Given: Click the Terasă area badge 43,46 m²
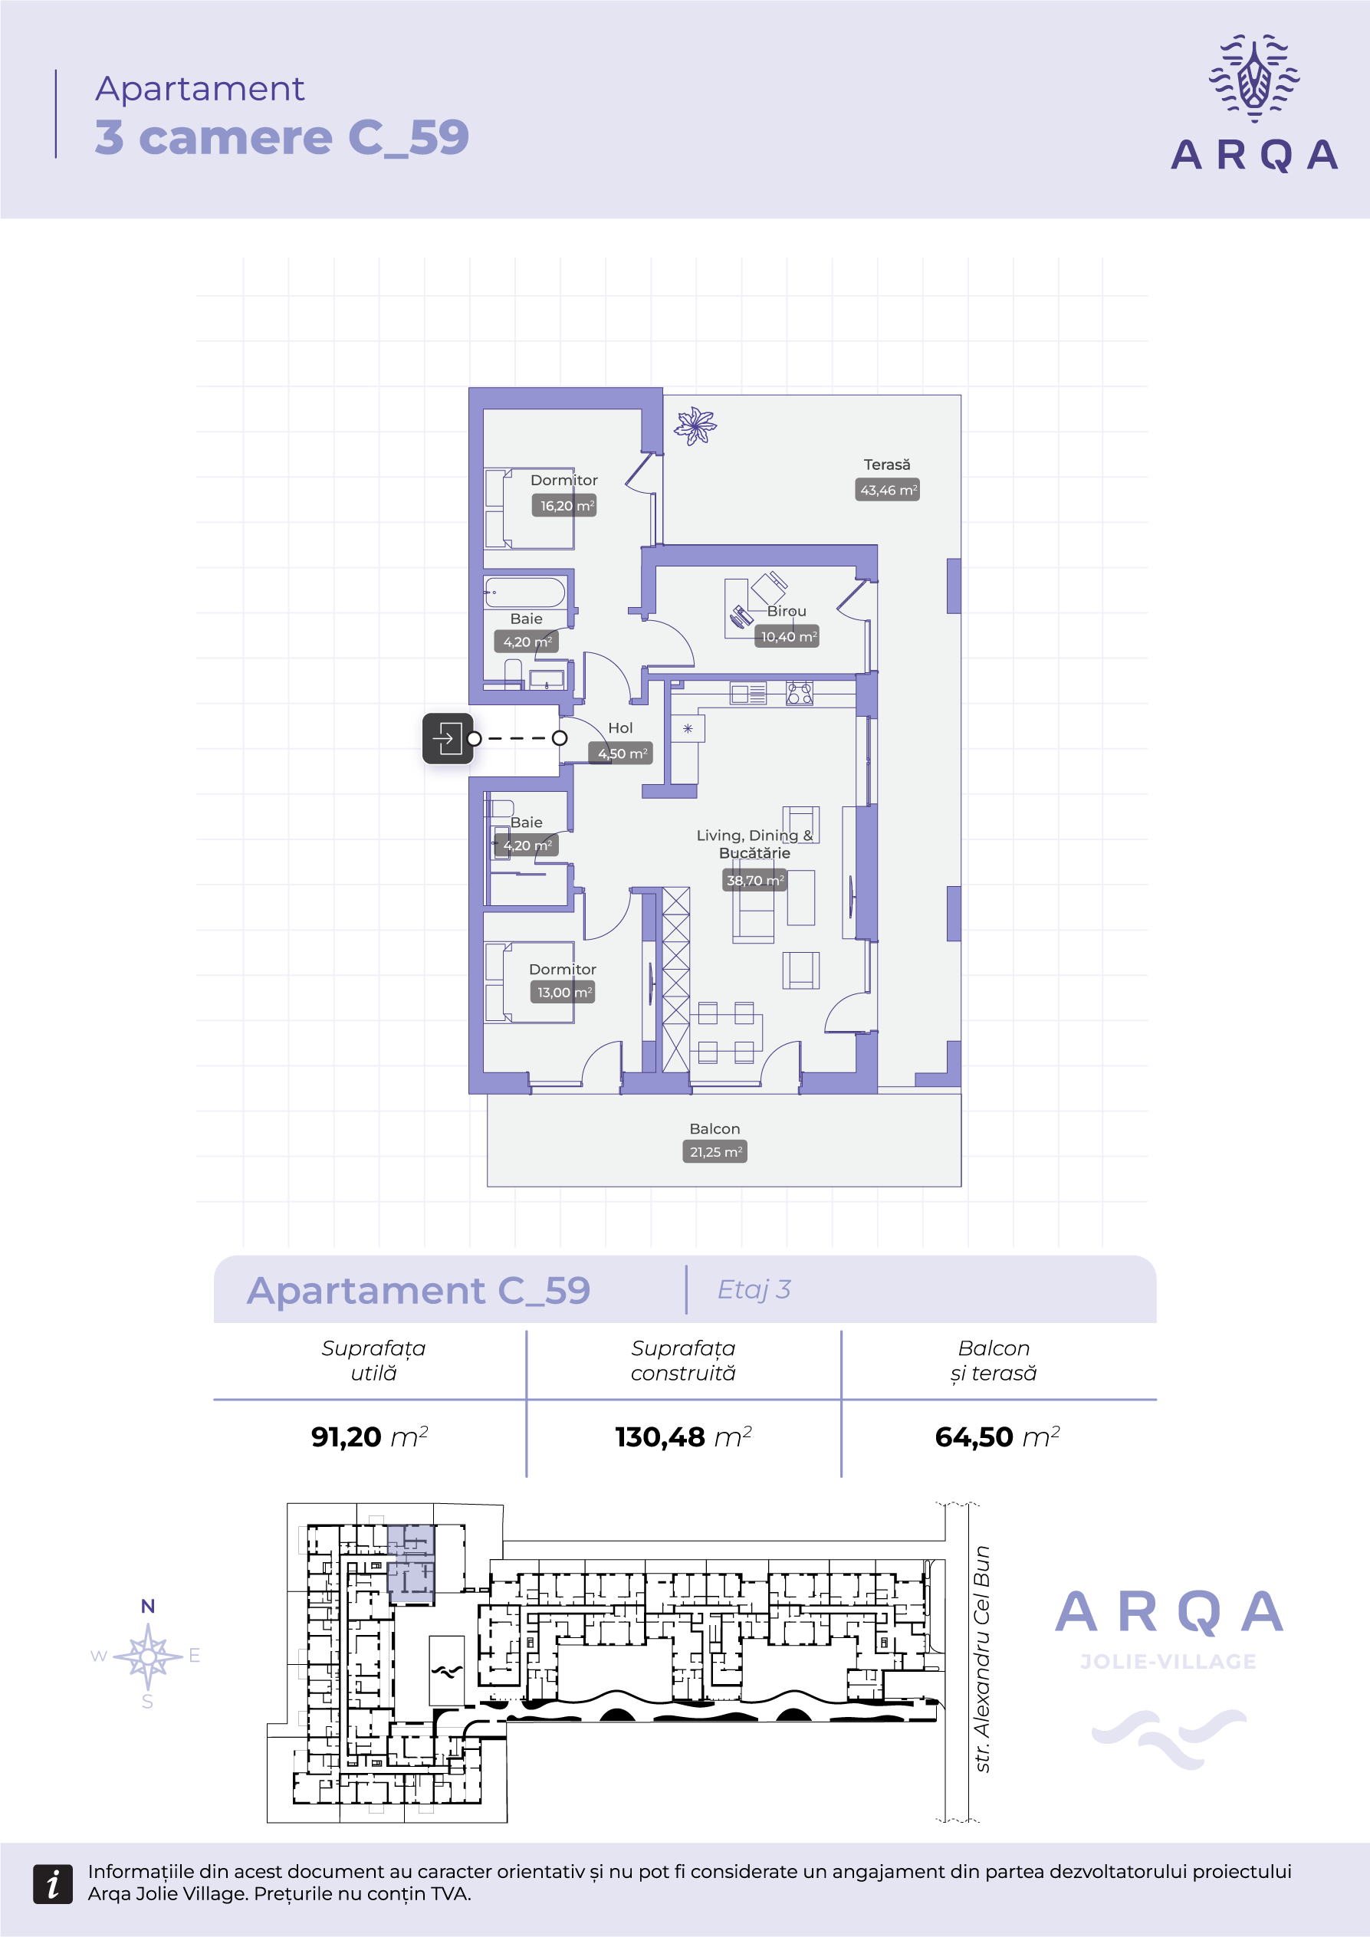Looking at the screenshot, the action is [888, 490].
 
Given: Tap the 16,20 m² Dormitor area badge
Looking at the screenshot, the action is [564, 505].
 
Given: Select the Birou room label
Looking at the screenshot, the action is [787, 611].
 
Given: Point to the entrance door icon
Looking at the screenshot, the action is [448, 738].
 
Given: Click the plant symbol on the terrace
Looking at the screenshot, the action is [695, 425].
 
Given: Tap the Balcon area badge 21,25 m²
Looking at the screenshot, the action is [715, 1151].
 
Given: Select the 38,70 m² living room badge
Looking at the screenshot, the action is [754, 880].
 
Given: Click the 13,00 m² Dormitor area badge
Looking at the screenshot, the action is [563, 992].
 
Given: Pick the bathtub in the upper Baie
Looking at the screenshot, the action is [524, 593].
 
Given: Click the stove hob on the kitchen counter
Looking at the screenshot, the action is [799, 694].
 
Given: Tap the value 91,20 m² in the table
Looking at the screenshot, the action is [370, 1436].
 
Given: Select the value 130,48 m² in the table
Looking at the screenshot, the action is [683, 1436].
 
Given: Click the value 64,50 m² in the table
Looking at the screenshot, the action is [997, 1436].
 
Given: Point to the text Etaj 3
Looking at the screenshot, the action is [754, 1289].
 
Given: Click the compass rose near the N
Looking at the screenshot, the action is [149, 1656].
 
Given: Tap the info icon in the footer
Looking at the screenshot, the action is [53, 1884].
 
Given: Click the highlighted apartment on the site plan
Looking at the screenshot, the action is [411, 1563].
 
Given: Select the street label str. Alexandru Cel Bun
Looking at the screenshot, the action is [981, 1659].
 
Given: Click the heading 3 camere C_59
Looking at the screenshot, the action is [282, 136].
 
